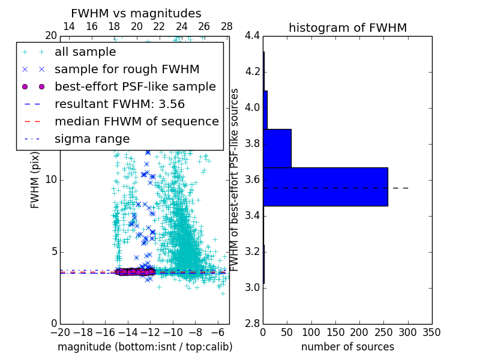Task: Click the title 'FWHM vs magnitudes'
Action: (x=136, y=13)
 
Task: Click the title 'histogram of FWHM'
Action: (x=347, y=28)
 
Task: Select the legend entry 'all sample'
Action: (x=85, y=52)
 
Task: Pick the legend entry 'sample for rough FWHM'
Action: (x=127, y=69)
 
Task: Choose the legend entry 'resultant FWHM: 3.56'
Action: (x=119, y=104)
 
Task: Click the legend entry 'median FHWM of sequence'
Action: (x=136, y=121)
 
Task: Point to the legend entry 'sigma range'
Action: (x=92, y=139)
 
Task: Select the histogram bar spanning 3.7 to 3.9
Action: (x=277, y=148)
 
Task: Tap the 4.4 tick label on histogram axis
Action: (x=251, y=36)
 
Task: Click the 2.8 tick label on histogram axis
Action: (x=251, y=323)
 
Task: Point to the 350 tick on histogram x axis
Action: (x=431, y=332)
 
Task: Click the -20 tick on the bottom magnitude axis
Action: (x=60, y=332)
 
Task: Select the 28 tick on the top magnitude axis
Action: (x=227, y=26)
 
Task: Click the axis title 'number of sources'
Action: (x=347, y=347)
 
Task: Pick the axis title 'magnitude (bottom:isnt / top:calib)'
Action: (x=145, y=347)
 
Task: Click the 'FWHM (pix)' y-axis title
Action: (x=35, y=180)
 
